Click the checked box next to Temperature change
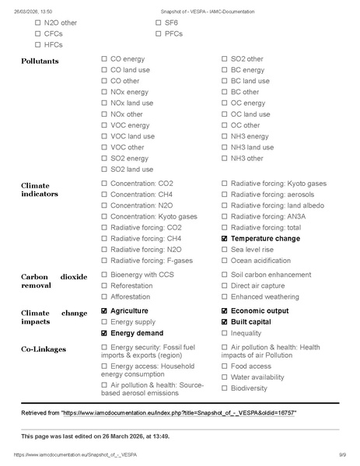pyautogui.click(x=225, y=239)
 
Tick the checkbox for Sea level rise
pyautogui.click(x=225, y=250)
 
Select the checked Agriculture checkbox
pyautogui.click(x=104, y=311)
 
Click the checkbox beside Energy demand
pyautogui.click(x=104, y=333)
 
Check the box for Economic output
pyautogui.click(x=225, y=311)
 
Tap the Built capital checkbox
pyautogui.click(x=225, y=322)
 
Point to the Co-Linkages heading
pyautogui.click(x=44, y=349)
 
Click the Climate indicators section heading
pyautogui.click(x=40, y=188)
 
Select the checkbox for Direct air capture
pyautogui.click(x=225, y=286)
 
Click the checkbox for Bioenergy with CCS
pyautogui.click(x=104, y=275)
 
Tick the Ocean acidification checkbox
pyautogui.click(x=225, y=261)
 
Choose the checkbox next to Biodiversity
pyautogui.click(x=225, y=388)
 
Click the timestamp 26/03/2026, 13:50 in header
pyautogui.click(x=32, y=12)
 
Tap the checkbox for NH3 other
pyautogui.click(x=225, y=159)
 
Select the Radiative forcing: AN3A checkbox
pyautogui.click(x=225, y=216)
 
